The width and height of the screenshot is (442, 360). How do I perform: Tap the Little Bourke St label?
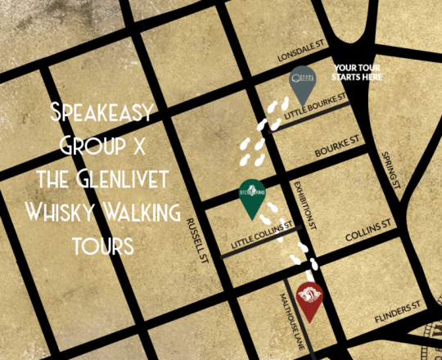(320, 106)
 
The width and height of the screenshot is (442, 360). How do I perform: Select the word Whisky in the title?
(59, 214)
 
